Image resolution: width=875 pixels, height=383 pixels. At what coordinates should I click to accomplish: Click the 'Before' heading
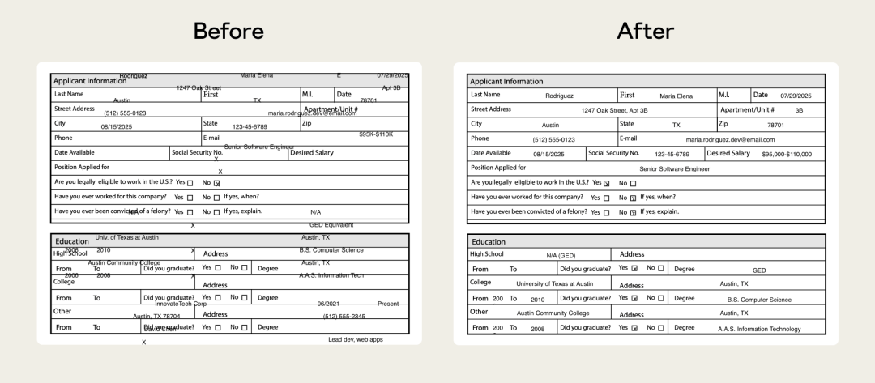pos(228,31)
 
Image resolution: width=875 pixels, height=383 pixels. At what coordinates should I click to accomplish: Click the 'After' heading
pos(646,31)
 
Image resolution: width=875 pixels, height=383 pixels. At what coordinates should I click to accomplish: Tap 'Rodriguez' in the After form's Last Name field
pos(559,96)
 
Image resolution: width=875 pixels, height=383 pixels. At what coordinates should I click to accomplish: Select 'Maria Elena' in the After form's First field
pos(676,96)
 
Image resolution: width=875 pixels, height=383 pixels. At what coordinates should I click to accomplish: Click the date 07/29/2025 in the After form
pos(796,96)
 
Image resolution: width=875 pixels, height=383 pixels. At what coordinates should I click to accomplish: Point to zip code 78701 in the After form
pos(775,125)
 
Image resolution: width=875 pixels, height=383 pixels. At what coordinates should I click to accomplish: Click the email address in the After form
pos(730,139)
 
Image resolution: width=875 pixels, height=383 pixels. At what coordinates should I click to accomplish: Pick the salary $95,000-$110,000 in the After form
pos(786,154)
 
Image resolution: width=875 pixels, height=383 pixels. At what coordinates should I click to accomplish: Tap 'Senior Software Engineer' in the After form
pos(674,168)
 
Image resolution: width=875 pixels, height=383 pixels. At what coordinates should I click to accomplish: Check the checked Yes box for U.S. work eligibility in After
pos(606,183)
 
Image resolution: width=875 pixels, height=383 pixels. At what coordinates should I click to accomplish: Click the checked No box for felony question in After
pos(633,212)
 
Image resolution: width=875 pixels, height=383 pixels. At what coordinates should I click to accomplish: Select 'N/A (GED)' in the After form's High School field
pos(561,255)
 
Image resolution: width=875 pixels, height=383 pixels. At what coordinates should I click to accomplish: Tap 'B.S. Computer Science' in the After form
pos(759,300)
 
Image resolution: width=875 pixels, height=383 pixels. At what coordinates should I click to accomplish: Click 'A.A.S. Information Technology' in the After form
pos(759,329)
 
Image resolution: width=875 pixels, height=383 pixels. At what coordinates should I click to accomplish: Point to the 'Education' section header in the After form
pos(489,241)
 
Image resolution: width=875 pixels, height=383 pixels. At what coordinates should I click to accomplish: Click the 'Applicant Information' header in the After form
pos(506,81)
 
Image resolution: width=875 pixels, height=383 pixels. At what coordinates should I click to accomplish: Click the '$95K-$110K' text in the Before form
pos(376,134)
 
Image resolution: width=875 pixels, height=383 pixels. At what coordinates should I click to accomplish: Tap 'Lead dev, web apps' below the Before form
pos(356,339)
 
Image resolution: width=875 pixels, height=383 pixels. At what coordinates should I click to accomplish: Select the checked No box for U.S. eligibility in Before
pos(216,183)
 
